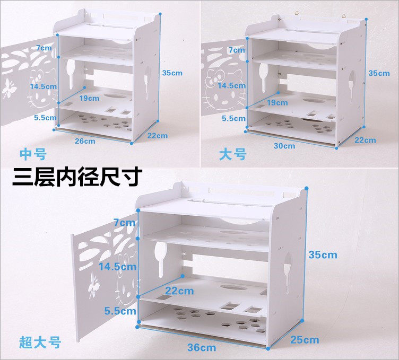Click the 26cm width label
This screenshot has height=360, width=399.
(x=85, y=141)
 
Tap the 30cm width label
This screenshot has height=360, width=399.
(x=284, y=146)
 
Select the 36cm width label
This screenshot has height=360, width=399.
(x=202, y=347)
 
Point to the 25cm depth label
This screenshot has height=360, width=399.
(x=305, y=340)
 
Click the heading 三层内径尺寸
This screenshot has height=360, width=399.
(x=77, y=177)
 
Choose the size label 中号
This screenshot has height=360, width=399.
(x=33, y=154)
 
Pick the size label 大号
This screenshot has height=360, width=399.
(x=233, y=154)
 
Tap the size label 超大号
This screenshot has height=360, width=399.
(x=40, y=343)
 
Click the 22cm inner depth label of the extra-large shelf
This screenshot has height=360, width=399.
(x=179, y=291)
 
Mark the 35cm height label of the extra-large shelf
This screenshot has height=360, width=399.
(x=323, y=254)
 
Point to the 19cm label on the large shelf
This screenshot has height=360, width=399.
(x=277, y=103)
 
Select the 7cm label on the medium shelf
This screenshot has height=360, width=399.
(x=44, y=48)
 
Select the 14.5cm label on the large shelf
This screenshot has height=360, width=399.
(x=231, y=85)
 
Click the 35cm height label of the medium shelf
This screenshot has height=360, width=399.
(x=172, y=73)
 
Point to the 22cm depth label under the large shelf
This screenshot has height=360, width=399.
(x=365, y=140)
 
